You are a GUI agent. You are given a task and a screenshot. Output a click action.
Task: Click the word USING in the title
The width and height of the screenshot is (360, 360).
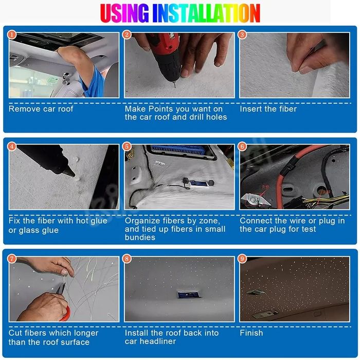click(x=124, y=13)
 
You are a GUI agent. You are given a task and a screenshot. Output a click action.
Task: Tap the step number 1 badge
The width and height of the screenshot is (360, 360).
click(x=12, y=35)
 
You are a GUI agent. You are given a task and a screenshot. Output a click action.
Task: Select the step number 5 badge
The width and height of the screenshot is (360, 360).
click(x=127, y=147)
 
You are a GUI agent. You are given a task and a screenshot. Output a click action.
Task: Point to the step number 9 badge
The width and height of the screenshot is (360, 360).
click(x=242, y=259)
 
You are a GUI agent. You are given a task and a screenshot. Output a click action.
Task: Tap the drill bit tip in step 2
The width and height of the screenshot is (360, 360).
click(x=175, y=87)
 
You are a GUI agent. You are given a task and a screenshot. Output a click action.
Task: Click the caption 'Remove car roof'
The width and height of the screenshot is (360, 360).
click(x=41, y=109)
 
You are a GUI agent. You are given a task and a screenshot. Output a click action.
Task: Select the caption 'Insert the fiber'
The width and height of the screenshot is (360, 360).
click(x=268, y=109)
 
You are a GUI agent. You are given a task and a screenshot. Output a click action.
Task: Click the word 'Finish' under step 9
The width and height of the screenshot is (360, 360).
click(x=251, y=333)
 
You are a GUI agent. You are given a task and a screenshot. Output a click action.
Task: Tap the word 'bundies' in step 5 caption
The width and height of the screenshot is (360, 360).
click(x=140, y=237)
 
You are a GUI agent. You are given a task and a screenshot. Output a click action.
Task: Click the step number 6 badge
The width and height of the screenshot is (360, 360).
click(x=242, y=147)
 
